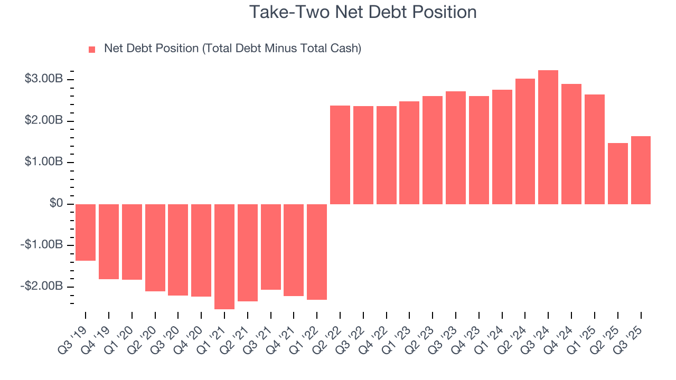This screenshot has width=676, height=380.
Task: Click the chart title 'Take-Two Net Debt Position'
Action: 363,12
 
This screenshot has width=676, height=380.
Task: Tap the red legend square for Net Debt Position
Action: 92,49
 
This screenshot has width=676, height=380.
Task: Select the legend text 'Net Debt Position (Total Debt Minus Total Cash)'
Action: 232,49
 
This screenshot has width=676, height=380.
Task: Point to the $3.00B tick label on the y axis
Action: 44,79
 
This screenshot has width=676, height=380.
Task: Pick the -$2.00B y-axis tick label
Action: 43,286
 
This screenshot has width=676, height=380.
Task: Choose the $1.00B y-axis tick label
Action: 44,162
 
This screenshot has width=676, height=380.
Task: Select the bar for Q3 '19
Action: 86,232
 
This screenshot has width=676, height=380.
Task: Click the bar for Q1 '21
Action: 224,256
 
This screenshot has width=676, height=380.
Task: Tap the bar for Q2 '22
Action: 340,155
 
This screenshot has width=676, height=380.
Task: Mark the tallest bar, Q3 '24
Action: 548,137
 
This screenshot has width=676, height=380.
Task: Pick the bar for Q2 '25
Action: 618,174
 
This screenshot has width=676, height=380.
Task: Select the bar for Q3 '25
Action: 641,170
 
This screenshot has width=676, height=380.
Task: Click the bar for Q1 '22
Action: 317,252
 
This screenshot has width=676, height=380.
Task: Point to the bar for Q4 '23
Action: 479,150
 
